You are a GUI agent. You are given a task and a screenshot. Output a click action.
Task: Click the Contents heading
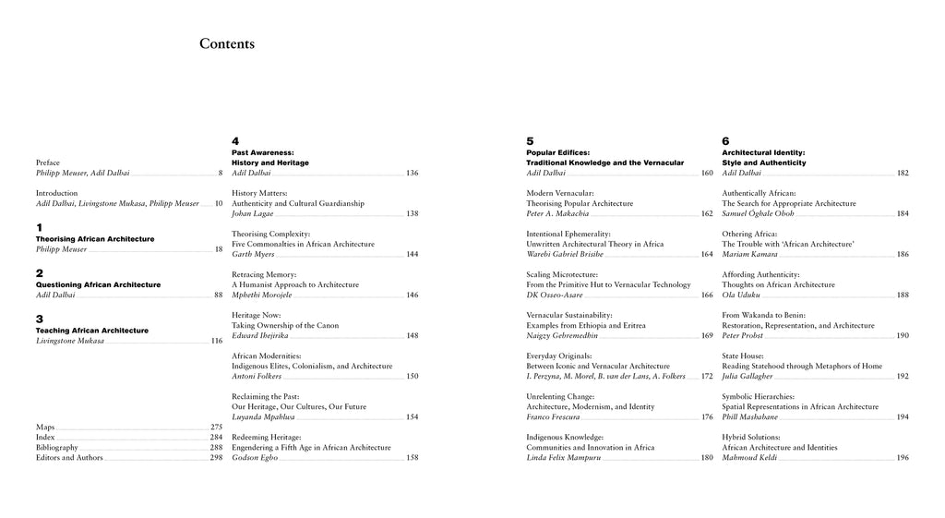point(227,43)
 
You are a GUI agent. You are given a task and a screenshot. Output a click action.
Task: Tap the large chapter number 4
point(235,141)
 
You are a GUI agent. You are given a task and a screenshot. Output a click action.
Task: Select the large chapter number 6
point(725,141)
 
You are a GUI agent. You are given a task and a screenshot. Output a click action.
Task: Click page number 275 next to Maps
point(216,428)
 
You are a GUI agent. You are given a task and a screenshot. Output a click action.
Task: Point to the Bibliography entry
point(57,448)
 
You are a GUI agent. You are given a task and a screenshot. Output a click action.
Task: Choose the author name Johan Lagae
point(253,213)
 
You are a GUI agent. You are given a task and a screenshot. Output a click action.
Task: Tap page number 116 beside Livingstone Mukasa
point(216,341)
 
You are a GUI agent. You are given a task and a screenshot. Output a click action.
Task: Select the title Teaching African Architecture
point(91,331)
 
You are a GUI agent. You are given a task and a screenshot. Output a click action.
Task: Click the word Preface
point(48,163)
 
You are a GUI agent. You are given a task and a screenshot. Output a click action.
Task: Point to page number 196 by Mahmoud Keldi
point(903,458)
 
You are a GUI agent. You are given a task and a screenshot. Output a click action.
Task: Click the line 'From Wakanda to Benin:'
point(763,315)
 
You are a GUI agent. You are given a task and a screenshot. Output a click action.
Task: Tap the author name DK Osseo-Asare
point(557,295)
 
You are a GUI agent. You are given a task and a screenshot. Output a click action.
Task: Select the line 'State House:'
point(742,355)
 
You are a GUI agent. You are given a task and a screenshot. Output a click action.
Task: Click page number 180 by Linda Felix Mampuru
point(707,458)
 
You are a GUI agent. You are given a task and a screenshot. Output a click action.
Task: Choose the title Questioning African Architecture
point(98,284)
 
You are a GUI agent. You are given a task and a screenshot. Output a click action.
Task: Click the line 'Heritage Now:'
point(257,315)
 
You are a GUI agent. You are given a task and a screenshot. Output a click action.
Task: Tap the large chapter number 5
point(530,141)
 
